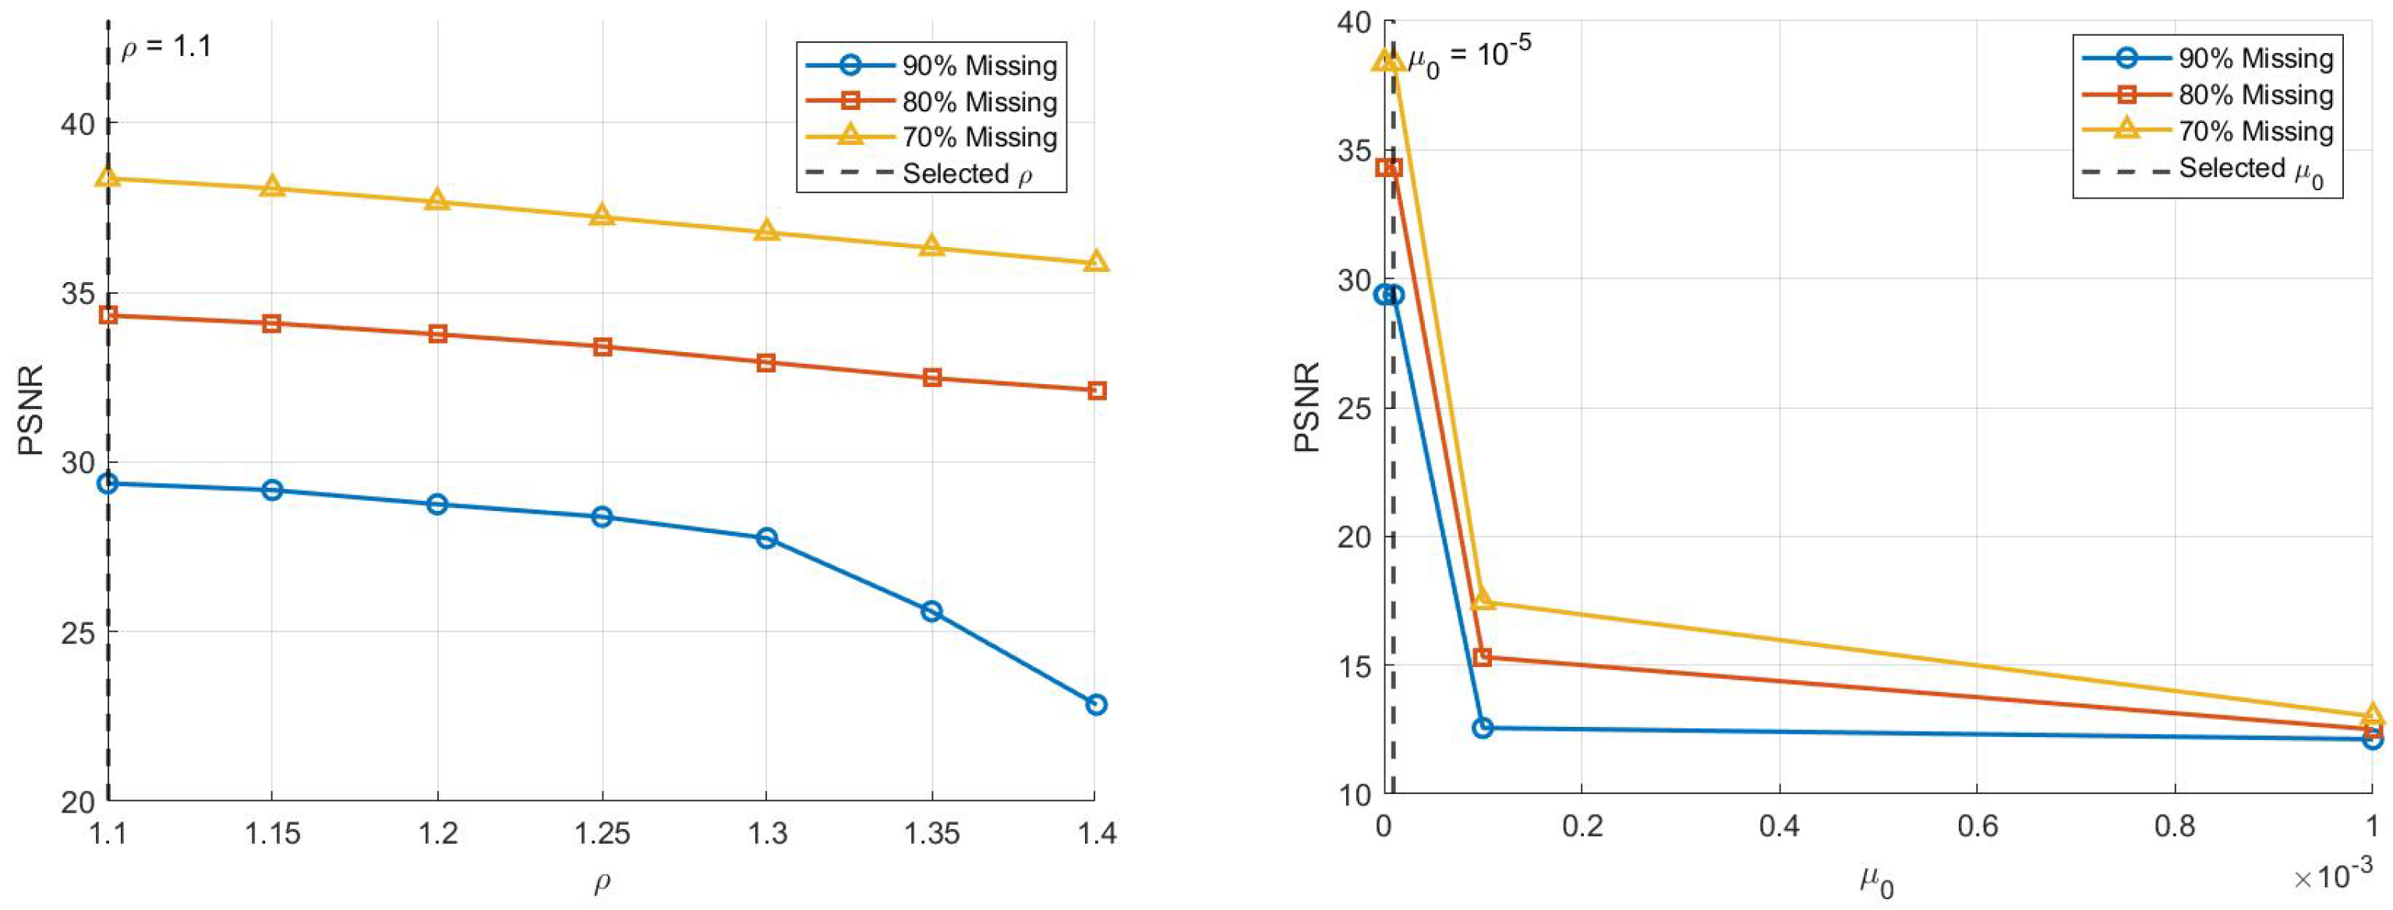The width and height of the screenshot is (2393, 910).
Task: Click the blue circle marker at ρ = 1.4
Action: (x=1096, y=705)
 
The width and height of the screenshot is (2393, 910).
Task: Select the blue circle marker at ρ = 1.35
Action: (x=931, y=611)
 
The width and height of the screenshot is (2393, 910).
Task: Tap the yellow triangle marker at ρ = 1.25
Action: (x=602, y=216)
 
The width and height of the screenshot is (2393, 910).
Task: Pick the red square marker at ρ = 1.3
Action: (x=766, y=362)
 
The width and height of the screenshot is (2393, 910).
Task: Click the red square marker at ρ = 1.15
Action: (x=271, y=323)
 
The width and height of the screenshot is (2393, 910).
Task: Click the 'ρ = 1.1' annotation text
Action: (x=168, y=47)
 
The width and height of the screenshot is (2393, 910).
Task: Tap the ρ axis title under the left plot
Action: (x=602, y=880)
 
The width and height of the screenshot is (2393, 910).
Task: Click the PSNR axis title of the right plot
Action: (x=1307, y=407)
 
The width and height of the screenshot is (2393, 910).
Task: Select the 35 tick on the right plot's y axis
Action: (x=1355, y=150)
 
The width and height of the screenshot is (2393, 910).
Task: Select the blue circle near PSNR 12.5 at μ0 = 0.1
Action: (x=1483, y=728)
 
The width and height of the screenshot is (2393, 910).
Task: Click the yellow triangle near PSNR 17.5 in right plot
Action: (x=1483, y=600)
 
